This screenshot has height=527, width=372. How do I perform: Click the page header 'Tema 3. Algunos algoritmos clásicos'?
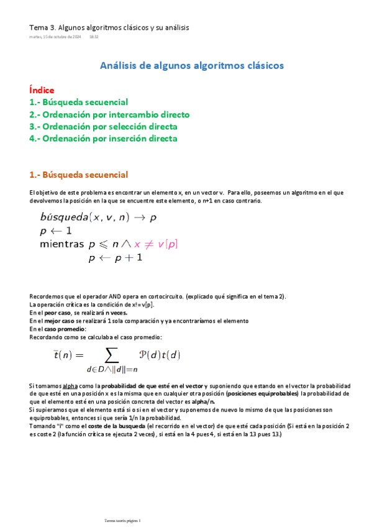(109, 27)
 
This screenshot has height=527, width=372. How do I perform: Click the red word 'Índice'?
(42, 90)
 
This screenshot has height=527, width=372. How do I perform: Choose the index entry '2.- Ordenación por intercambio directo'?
(109, 114)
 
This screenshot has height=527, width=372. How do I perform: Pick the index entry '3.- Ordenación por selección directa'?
(103, 126)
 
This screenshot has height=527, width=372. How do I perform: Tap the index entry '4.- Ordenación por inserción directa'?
(103, 138)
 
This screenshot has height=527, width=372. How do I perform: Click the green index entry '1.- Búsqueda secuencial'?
(78, 102)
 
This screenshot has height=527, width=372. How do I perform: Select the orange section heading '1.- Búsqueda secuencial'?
(78, 175)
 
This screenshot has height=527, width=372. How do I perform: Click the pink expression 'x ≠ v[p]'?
(156, 244)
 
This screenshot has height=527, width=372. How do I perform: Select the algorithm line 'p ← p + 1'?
(116, 257)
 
